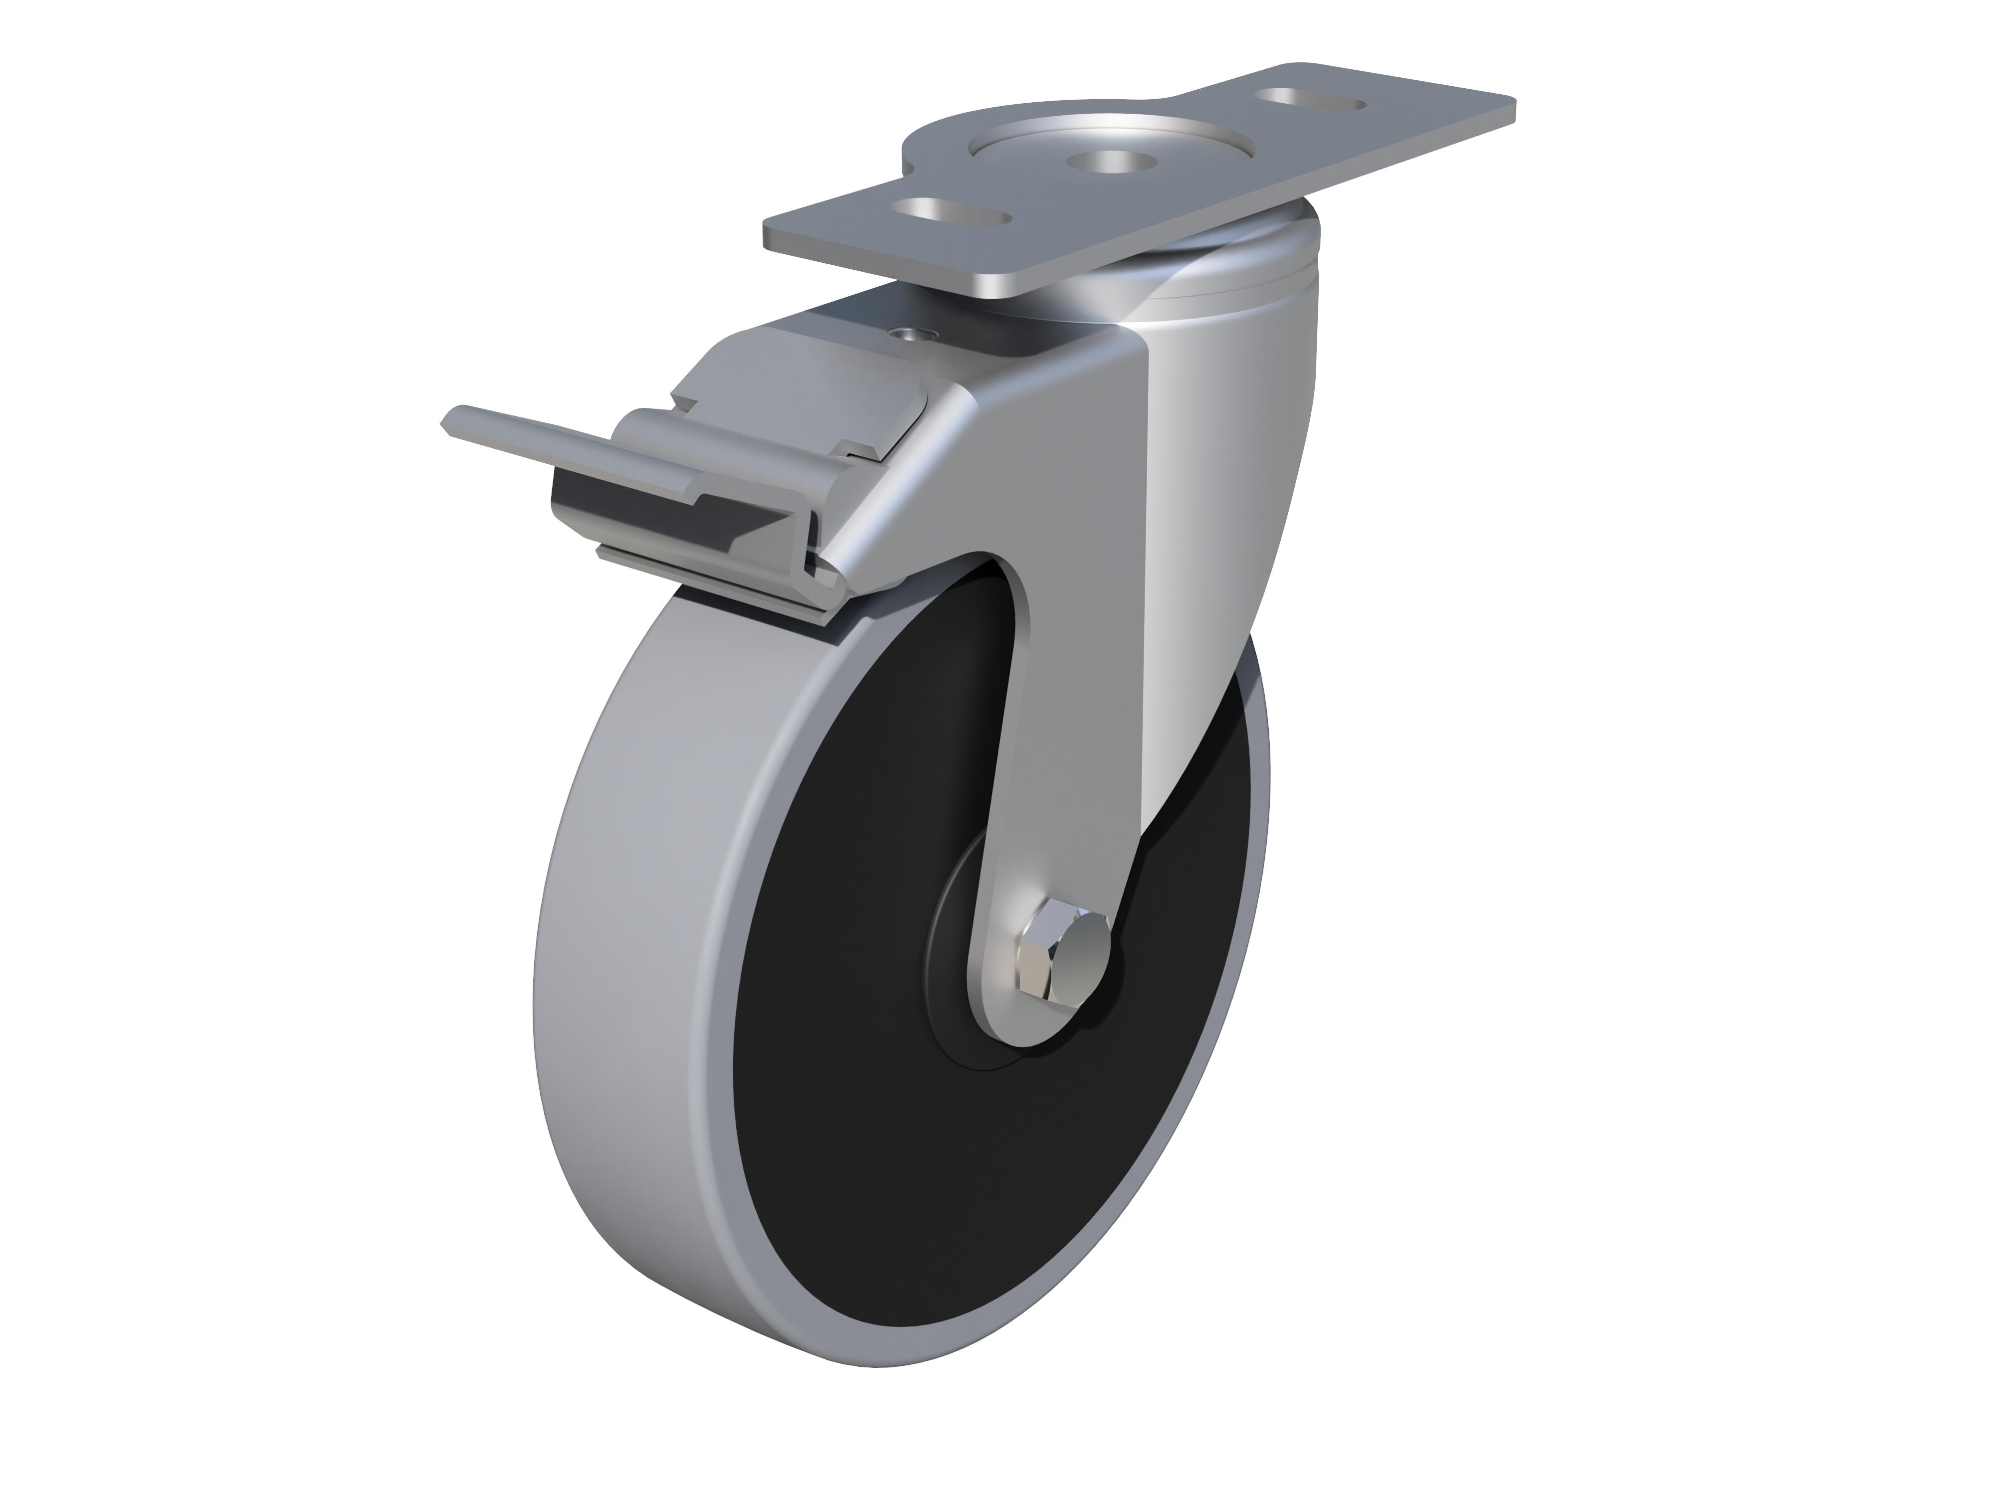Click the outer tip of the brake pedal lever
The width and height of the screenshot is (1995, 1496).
[451, 420]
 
